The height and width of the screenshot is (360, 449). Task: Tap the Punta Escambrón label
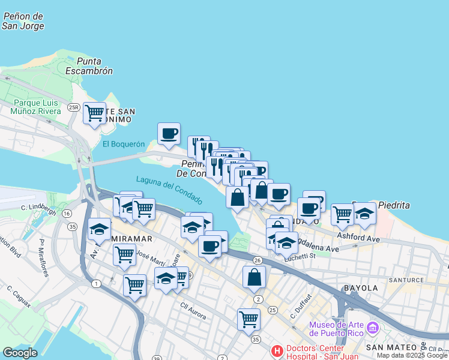pyautogui.click(x=95, y=65)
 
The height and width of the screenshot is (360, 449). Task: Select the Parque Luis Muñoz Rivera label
pyautogui.click(x=38, y=107)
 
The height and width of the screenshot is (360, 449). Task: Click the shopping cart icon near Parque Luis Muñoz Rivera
pyautogui.click(x=94, y=113)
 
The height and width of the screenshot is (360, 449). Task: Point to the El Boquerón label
pyautogui.click(x=124, y=144)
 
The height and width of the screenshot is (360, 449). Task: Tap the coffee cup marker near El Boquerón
pyautogui.click(x=169, y=133)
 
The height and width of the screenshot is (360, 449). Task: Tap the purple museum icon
pyautogui.click(x=372, y=328)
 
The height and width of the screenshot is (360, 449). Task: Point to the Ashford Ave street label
pyautogui.click(x=358, y=238)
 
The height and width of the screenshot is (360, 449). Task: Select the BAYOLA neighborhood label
pyautogui.click(x=361, y=288)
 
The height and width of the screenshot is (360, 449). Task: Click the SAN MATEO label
pyautogui.click(x=391, y=347)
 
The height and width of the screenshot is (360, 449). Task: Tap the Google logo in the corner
pyautogui.click(x=20, y=353)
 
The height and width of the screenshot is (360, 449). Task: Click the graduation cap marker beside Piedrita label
pyautogui.click(x=364, y=213)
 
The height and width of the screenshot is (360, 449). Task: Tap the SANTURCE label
pyautogui.click(x=406, y=280)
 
